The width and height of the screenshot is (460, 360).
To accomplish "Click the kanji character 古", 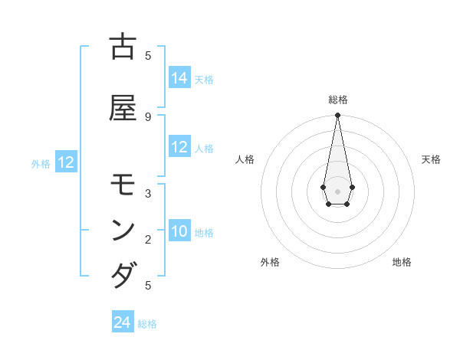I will tap(123, 47).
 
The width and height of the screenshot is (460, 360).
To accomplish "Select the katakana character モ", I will tap(123, 185).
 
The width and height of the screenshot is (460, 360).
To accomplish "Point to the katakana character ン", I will tap(123, 230).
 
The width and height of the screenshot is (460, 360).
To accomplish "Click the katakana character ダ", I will tap(123, 274).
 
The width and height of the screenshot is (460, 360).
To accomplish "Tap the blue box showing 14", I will tap(179, 78).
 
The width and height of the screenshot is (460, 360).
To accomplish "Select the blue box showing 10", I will tap(179, 232).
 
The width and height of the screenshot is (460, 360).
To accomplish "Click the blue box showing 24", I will tap(123, 322).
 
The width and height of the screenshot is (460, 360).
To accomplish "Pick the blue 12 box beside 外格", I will tap(66, 162).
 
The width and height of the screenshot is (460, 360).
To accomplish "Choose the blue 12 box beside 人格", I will tap(179, 147).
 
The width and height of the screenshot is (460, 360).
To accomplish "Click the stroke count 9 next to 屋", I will tap(148, 116).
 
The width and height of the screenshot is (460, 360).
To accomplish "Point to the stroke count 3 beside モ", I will tap(148, 194).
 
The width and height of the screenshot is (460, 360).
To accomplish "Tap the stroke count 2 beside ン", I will tap(148, 240).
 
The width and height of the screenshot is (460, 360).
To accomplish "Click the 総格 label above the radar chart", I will tap(338, 100).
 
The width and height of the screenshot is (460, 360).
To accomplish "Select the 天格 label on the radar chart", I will tap(431, 159).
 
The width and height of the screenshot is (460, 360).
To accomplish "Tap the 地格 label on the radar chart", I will tap(402, 262).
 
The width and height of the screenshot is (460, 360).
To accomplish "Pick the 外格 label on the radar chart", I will tap(270, 262).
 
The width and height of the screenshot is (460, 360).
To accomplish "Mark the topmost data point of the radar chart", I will tap(337, 116).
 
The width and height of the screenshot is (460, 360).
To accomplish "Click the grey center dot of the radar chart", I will tap(337, 190).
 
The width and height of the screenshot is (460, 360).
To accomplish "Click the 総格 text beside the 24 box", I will tap(147, 324).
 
